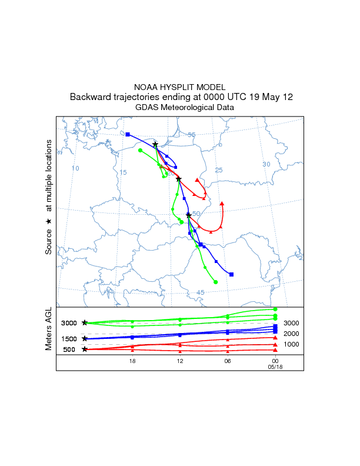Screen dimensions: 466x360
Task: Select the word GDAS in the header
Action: [146, 108]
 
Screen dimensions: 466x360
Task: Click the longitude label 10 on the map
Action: [75, 169]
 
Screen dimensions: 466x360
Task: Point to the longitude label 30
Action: [266, 164]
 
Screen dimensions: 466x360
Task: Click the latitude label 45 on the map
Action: [200, 292]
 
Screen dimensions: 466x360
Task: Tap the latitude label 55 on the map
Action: [191, 135]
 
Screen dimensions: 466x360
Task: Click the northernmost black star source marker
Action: [155, 145]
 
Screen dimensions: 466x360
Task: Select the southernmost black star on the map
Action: [188, 215]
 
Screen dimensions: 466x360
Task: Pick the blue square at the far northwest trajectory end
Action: [128, 134]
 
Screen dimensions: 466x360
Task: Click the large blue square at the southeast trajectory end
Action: [232, 274]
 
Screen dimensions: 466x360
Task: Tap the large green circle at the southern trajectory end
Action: [216, 282]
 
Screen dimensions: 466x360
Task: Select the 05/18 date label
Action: [275, 367]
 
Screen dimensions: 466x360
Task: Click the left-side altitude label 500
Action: [69, 349]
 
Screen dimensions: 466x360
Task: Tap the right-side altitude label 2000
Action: [292, 334]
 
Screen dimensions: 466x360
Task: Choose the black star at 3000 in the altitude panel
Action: [85, 323]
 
